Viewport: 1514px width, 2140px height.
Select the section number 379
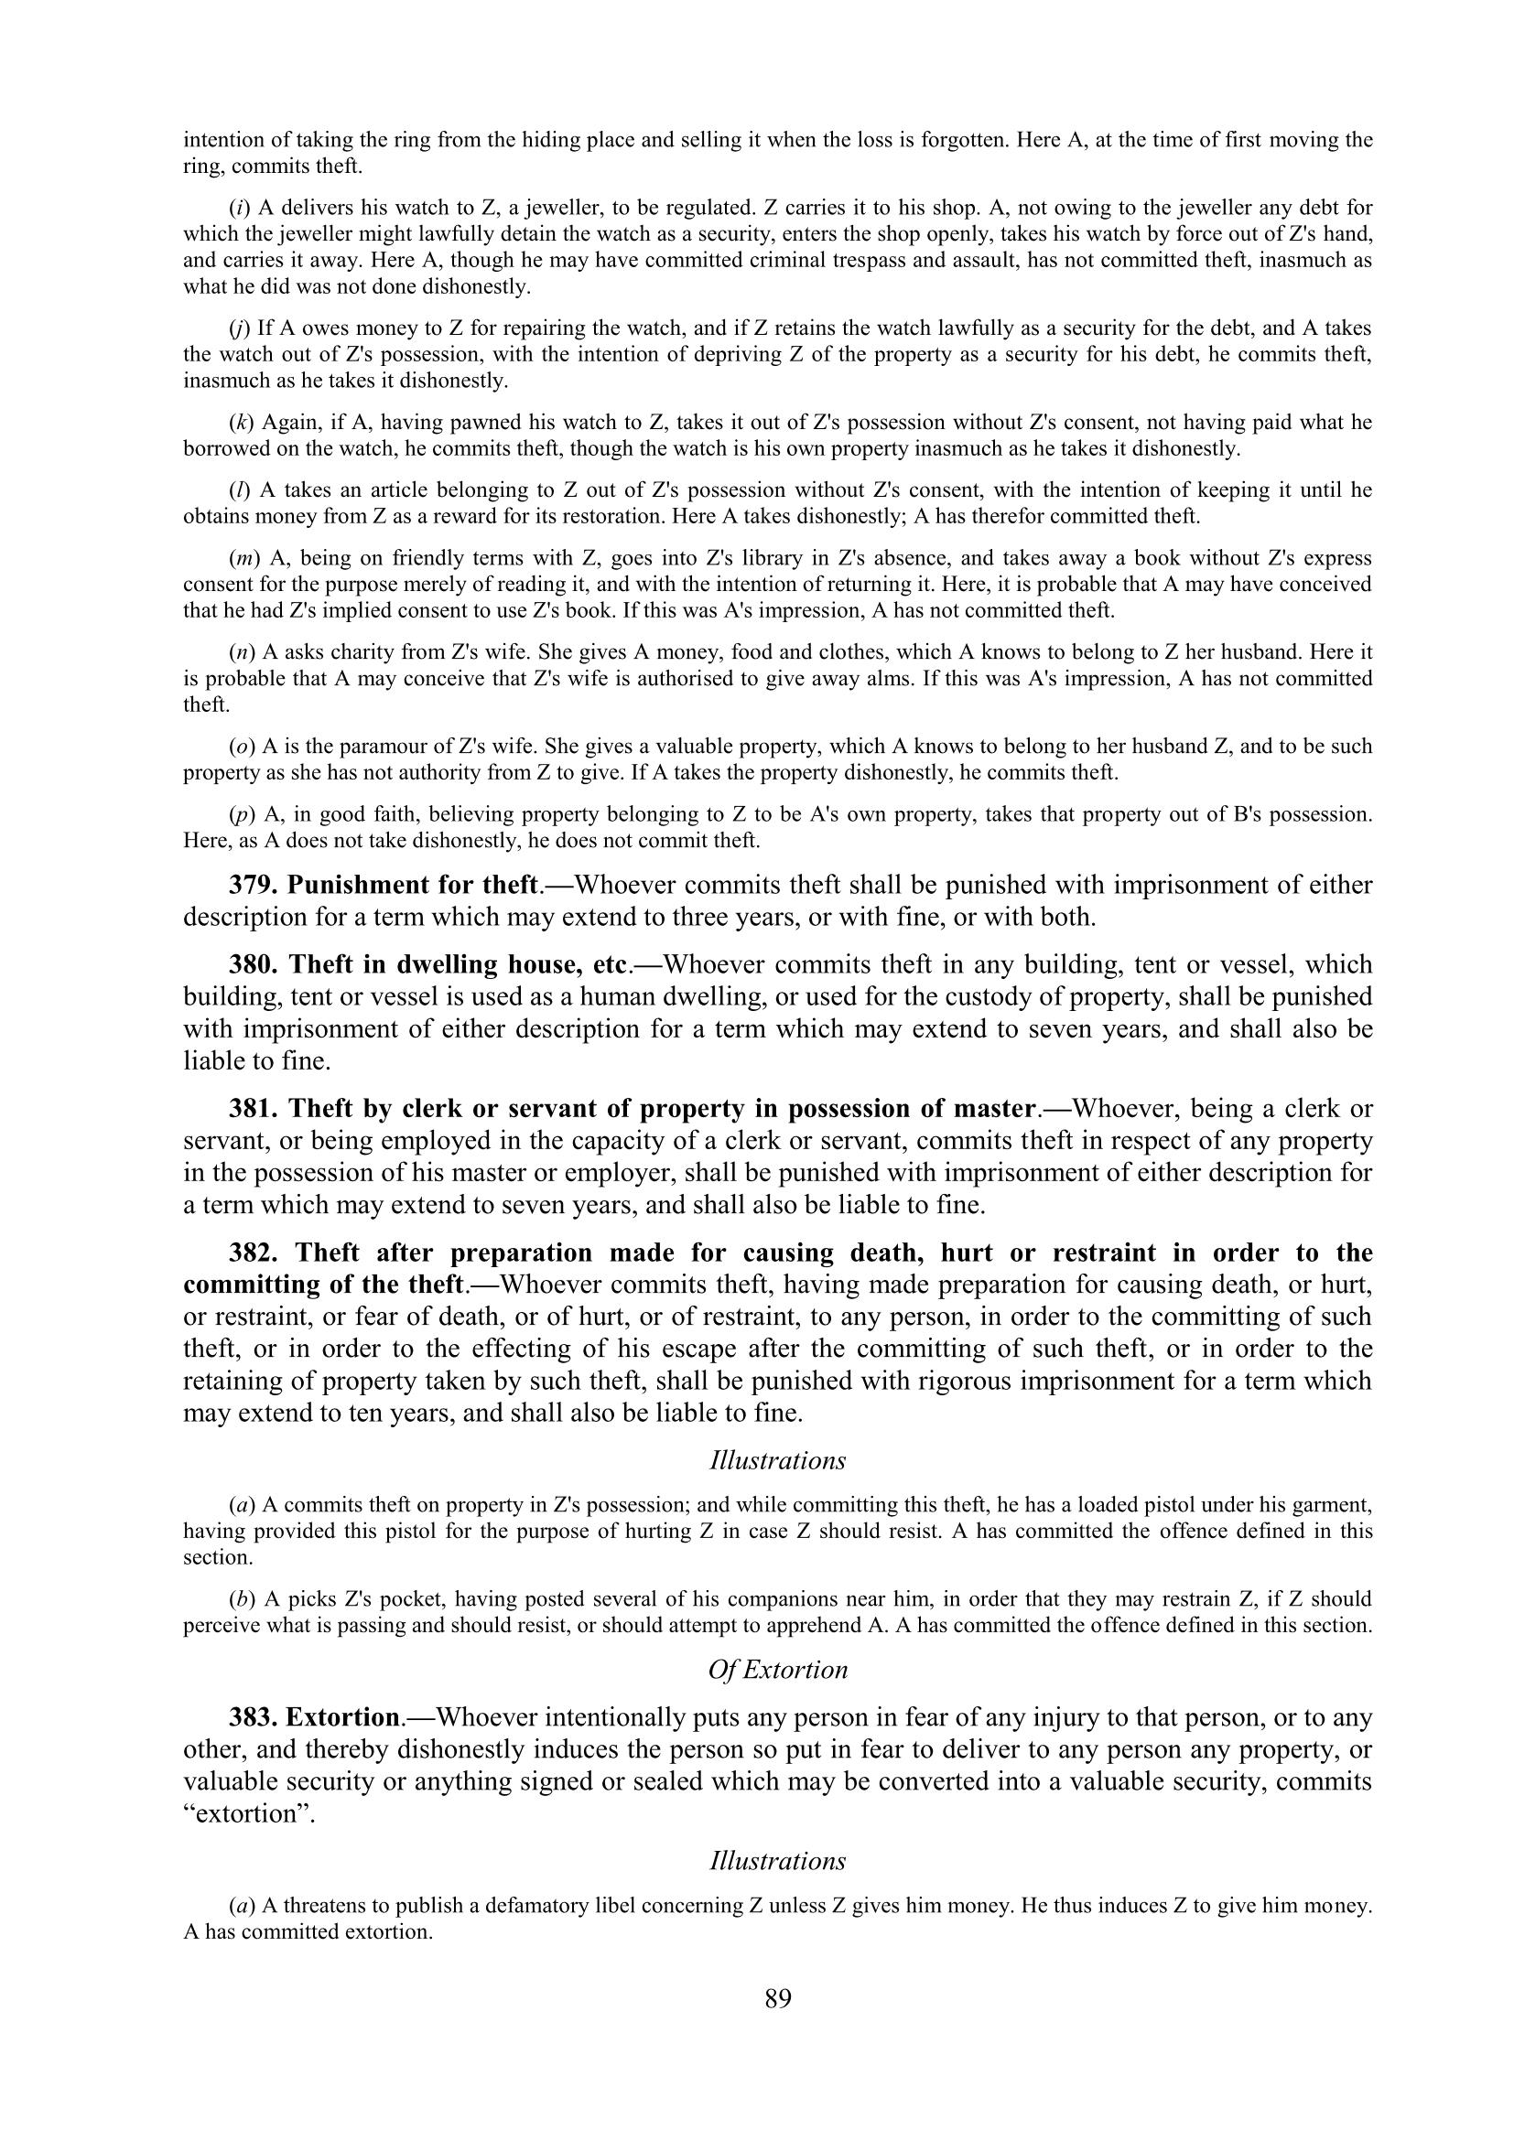coord(254,885)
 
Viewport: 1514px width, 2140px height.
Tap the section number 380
coord(254,964)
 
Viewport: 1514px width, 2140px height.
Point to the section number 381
coord(254,1109)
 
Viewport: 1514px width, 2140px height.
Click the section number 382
coord(254,1253)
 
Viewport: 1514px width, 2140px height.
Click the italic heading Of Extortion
coord(777,1670)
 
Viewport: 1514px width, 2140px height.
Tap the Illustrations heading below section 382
coord(777,1460)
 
